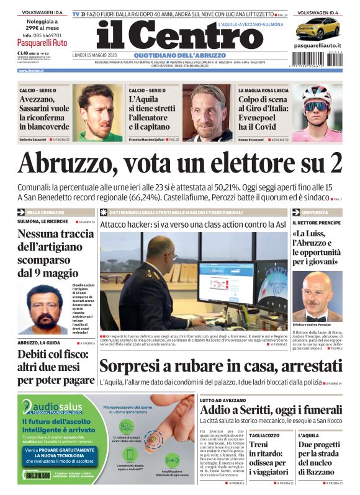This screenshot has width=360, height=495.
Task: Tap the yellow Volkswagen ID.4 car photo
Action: [x=317, y=29]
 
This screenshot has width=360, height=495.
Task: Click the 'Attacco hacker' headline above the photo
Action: [x=192, y=224]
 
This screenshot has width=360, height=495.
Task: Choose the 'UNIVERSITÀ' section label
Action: [x=315, y=212]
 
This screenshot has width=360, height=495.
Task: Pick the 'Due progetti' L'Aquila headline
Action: [x=319, y=458]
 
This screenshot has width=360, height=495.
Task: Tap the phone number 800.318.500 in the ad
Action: [x=38, y=476]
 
